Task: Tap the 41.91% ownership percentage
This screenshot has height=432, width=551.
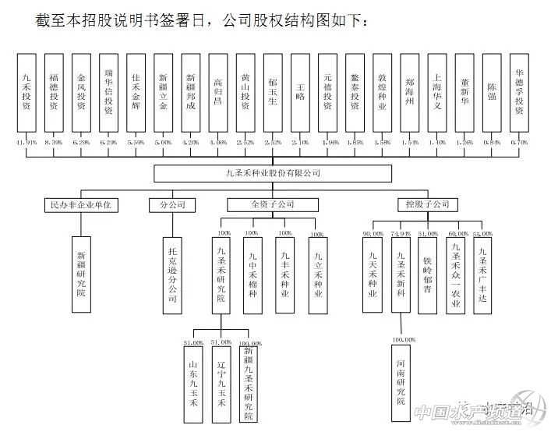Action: [x=26, y=143]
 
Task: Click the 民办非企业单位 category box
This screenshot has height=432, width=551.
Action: [x=80, y=205]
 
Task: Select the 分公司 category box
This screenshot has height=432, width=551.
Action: [x=171, y=205]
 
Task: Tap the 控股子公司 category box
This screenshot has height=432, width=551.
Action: [x=427, y=205]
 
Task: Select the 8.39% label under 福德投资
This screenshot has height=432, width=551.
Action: [x=54, y=143]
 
